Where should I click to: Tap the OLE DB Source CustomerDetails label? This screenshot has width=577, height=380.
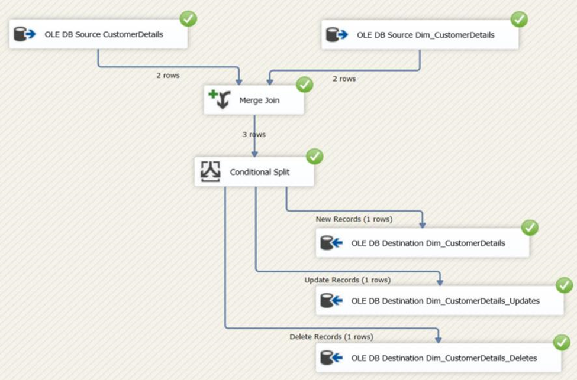[x=104, y=34]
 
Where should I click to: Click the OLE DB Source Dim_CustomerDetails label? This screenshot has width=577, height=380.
[x=426, y=35]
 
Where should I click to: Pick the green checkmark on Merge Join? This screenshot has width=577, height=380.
[x=304, y=85]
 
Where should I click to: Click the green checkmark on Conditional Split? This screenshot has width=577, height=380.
[x=314, y=157]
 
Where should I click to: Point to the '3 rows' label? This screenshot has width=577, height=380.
[x=254, y=135]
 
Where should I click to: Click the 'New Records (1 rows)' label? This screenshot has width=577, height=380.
[x=354, y=219]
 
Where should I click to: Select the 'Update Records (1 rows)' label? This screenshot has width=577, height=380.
[x=347, y=280]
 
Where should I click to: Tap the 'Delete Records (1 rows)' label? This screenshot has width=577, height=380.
[x=331, y=337]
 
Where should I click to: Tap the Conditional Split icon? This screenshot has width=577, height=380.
[x=210, y=172]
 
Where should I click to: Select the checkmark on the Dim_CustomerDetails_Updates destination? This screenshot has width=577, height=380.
[x=564, y=285]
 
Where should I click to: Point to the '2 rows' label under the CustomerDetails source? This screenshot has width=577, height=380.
[x=168, y=76]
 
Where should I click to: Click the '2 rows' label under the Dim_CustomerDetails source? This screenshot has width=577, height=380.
[x=344, y=79]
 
